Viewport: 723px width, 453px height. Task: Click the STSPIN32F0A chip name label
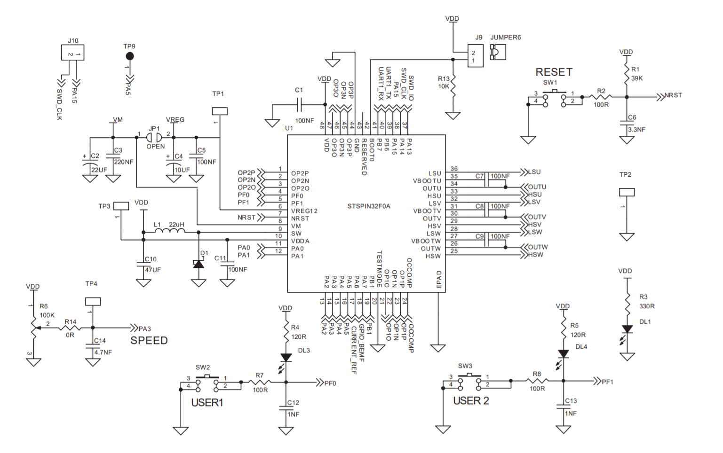369,206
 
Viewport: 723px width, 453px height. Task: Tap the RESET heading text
554,72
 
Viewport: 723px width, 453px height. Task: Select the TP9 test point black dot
130,56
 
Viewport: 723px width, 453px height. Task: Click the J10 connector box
73,53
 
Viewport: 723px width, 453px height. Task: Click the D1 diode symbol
199,264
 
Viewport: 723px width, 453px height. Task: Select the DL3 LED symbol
286,358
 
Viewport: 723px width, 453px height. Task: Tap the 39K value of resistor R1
637,78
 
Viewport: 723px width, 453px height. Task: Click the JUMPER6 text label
506,38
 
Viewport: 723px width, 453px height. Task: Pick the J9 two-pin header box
475,56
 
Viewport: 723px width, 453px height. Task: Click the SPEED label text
149,341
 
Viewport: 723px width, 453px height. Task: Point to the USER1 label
207,403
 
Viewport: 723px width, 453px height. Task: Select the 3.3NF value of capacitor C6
637,130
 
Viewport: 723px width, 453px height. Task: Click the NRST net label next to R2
673,95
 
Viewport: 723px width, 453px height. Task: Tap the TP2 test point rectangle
627,192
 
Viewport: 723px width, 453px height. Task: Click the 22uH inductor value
177,225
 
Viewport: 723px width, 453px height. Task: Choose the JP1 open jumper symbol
154,137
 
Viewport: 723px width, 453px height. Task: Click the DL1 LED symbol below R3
627,329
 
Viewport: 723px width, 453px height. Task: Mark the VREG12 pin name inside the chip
304,211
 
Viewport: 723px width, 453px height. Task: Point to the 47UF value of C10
153,270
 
